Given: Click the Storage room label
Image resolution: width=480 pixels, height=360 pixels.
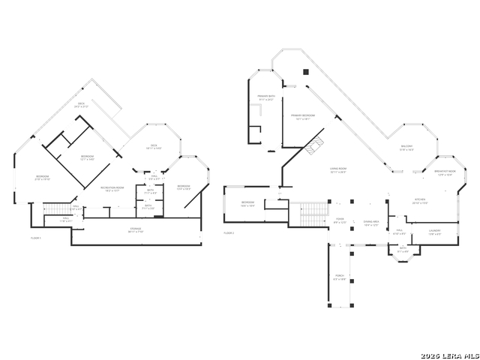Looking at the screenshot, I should click(x=135, y=229).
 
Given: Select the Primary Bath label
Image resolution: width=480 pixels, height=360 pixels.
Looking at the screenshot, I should click(x=266, y=97).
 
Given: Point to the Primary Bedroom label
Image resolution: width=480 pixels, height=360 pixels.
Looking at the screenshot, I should click(x=304, y=116).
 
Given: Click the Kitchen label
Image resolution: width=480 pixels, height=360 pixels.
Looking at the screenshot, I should click(x=421, y=201).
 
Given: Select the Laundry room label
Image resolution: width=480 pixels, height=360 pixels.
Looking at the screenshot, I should click(x=434, y=232).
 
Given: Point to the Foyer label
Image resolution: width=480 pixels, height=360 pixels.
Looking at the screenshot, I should click(x=340, y=221).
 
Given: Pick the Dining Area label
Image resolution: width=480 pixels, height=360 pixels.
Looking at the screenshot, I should click(x=370, y=223).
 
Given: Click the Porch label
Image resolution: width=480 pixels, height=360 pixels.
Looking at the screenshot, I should click(x=340, y=277).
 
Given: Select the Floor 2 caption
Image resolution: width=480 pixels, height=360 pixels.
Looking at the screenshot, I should click(x=229, y=233).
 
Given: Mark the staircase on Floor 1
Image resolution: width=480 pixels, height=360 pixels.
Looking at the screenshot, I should click(x=54, y=208).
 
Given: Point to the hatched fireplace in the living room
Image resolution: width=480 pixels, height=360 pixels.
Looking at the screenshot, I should click(x=314, y=145).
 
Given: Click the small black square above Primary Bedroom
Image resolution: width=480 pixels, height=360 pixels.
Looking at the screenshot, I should click(x=305, y=72).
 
